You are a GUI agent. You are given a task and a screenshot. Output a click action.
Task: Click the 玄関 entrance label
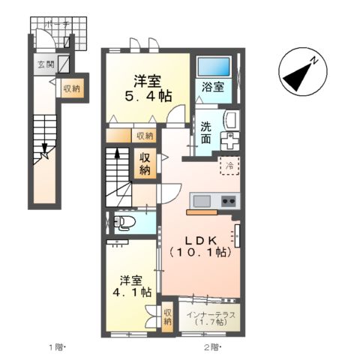(x=46, y=64)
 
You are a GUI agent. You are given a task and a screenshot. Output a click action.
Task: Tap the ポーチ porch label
(x=58, y=25)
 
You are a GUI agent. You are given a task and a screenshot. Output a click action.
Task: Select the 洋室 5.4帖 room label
(x=148, y=88)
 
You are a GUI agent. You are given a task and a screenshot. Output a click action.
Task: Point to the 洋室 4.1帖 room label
(x=132, y=286)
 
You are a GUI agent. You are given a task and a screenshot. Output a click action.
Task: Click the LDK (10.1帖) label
(x=201, y=247)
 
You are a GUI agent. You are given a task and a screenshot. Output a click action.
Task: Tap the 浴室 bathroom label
(x=213, y=87)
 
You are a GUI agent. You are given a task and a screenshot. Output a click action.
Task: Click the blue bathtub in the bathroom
(x=214, y=66)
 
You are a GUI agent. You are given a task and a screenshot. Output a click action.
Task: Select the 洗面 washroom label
(x=206, y=133)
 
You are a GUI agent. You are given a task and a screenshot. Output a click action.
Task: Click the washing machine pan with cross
(x=230, y=141)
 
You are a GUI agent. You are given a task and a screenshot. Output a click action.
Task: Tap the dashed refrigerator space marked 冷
(x=229, y=166)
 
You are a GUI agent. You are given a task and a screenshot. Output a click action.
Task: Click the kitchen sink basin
(x=202, y=201)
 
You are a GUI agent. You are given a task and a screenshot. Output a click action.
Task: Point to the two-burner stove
(x=229, y=201)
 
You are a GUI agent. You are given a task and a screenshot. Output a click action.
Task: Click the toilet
(x=124, y=222)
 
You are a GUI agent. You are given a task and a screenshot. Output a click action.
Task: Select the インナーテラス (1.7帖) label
(x=211, y=318)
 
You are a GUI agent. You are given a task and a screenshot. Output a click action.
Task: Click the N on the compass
(x=314, y=61)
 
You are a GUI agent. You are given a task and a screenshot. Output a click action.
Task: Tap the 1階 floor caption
(x=57, y=347)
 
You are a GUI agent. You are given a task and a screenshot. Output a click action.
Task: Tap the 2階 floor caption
(x=213, y=347)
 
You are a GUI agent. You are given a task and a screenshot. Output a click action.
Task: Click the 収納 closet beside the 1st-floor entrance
(x=71, y=88)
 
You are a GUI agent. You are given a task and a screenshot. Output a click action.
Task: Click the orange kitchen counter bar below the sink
(x=202, y=212)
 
